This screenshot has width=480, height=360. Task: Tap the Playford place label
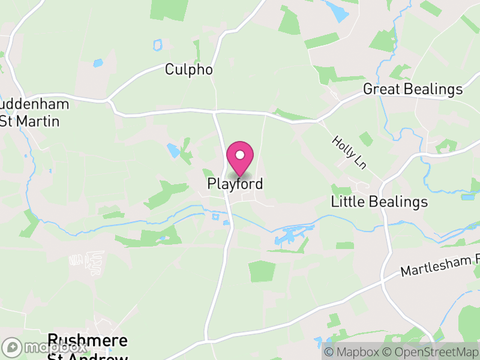[x=235, y=184]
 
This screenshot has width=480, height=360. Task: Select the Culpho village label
[x=189, y=70]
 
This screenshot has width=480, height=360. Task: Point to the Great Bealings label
[x=413, y=89]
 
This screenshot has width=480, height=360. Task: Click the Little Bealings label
[x=379, y=202]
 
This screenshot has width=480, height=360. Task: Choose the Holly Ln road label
[x=349, y=152]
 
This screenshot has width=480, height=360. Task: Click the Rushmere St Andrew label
[x=88, y=347]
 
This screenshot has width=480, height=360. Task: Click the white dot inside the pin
[x=240, y=155]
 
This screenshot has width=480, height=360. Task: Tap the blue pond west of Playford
[x=173, y=149]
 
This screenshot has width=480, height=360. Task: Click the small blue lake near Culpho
[x=97, y=62]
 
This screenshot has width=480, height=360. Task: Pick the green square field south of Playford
[x=262, y=271]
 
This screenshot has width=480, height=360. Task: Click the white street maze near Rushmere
[x=87, y=262]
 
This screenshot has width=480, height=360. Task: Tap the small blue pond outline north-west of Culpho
[x=158, y=44]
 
